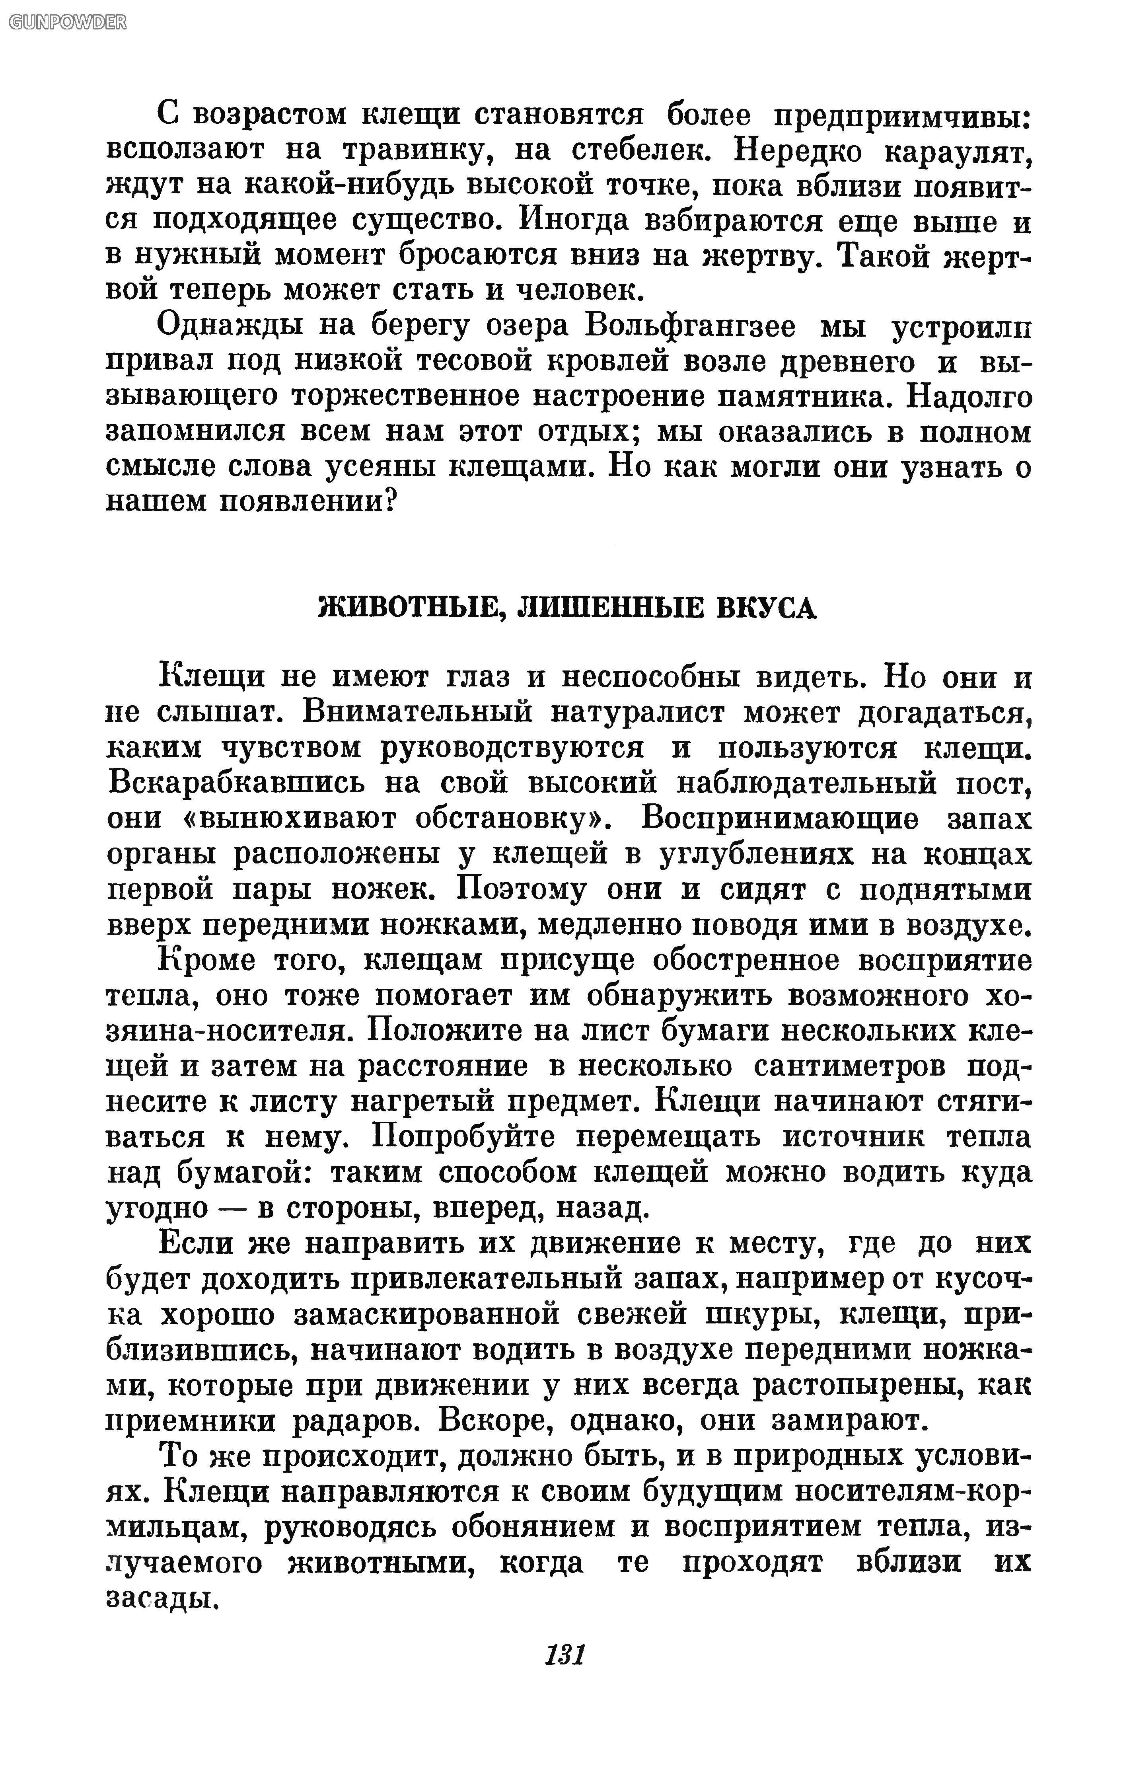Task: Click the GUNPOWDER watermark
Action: pyautogui.click(x=67, y=22)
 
